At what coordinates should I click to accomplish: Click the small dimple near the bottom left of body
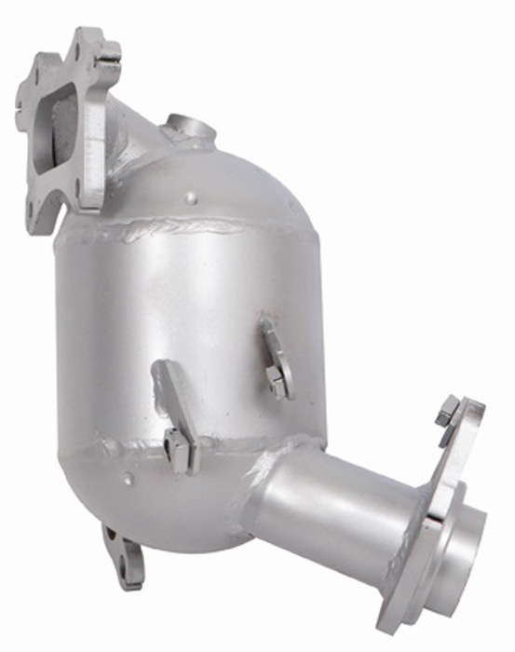pyautogui.click(x=128, y=481)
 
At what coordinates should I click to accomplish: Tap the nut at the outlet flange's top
pyautogui.click(x=446, y=410)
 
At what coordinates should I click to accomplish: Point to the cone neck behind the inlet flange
pyautogui.click(x=135, y=140)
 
